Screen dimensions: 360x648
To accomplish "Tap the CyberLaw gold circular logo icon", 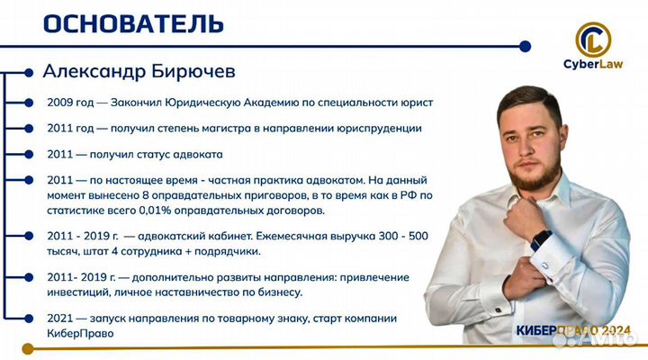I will pyautogui.click(x=593, y=38).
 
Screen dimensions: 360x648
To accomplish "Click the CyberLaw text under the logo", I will pyautogui.click(x=594, y=64).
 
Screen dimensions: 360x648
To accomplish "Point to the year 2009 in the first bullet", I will pyautogui.click(x=62, y=103).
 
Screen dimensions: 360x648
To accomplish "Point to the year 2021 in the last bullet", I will pyautogui.click(x=62, y=319).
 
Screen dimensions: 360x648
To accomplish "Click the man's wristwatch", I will pyautogui.click(x=541, y=240).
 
